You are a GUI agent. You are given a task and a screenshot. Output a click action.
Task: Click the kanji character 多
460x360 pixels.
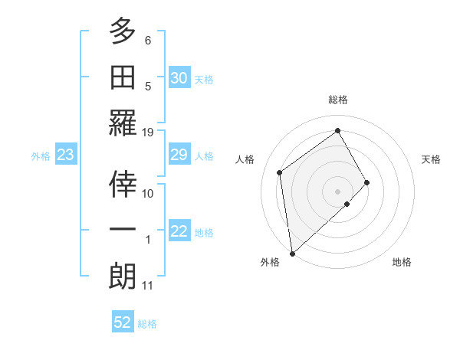pyautogui.click(x=123, y=31)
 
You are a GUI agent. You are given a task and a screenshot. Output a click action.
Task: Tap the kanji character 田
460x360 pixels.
pyautogui.click(x=123, y=79)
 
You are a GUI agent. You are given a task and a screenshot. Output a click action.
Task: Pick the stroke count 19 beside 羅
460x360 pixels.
pyautogui.click(x=148, y=132)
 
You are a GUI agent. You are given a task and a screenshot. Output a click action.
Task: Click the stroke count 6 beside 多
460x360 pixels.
pyautogui.click(x=148, y=39)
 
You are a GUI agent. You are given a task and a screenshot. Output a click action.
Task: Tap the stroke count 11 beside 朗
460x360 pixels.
pyautogui.click(x=148, y=286)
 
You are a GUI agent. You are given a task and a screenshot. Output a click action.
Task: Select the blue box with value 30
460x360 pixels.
pyautogui.click(x=179, y=78)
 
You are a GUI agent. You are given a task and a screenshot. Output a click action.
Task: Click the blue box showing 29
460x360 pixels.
pyautogui.click(x=179, y=155)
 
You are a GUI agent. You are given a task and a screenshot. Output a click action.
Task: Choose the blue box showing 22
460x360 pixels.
pyautogui.click(x=179, y=232)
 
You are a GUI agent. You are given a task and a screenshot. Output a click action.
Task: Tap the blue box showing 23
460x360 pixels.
pyautogui.click(x=65, y=155)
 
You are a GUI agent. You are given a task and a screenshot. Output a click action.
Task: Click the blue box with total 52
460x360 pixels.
pyautogui.click(x=123, y=322)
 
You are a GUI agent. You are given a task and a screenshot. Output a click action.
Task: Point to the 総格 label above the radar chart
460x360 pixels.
pyautogui.click(x=338, y=100)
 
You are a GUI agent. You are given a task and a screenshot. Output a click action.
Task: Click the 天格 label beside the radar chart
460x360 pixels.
pyautogui.click(x=432, y=159)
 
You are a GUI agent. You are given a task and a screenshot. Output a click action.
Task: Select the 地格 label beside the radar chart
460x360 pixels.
pyautogui.click(x=402, y=262)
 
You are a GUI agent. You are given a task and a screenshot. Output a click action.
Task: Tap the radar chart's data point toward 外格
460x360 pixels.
pyautogui.click(x=292, y=253)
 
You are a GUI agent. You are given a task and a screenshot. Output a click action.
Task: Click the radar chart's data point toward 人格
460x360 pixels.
pyautogui.click(x=280, y=172)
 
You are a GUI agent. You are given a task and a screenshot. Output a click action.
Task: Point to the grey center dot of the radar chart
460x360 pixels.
pyautogui.click(x=337, y=190)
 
